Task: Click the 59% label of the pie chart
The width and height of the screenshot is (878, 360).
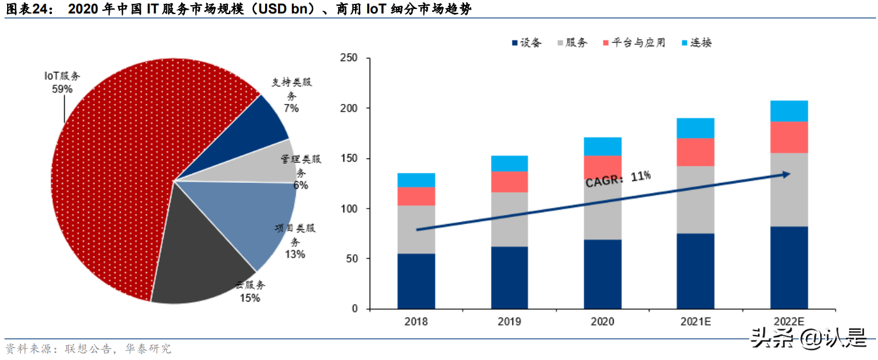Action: point(62,89)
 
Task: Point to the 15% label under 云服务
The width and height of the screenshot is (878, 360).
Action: point(250,298)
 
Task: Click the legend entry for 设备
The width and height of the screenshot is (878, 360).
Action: point(526,43)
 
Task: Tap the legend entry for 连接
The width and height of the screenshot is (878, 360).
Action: point(696,43)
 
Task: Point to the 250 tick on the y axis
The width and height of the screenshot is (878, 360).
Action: point(349,58)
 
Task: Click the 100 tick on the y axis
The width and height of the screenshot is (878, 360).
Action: point(349,209)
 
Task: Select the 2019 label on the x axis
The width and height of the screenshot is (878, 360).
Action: point(510,321)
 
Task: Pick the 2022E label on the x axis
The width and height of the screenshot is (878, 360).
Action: point(789,321)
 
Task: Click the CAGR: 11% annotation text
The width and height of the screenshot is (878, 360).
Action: point(617,178)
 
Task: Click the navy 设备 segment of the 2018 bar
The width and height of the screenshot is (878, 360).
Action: point(416,281)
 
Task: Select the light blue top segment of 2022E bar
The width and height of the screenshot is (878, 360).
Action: point(789,111)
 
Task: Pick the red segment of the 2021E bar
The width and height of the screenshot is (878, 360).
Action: point(696,152)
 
